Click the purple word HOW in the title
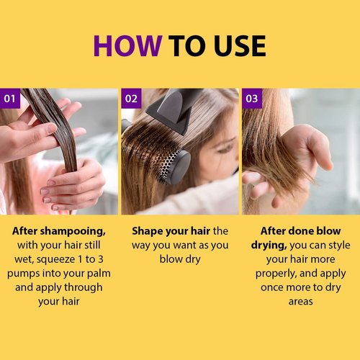pos(127,45)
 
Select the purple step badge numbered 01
pos(10,99)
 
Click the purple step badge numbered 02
pos(131,99)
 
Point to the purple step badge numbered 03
pos(252,99)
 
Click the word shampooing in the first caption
pos(73,232)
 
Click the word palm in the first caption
pos(99,274)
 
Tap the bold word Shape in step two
pos(148,232)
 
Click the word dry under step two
pos(192,260)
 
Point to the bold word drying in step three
pos(269,246)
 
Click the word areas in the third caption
pos(301,302)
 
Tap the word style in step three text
pos(338,246)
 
